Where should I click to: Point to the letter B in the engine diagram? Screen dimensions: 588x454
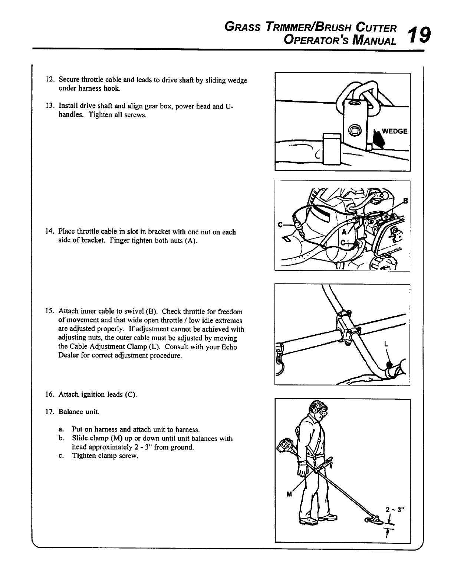[x=405, y=201]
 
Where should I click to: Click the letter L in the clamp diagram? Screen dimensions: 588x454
[x=386, y=344]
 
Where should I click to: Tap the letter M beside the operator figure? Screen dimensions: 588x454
[x=289, y=494]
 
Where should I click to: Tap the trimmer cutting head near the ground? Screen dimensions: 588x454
[x=373, y=519]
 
